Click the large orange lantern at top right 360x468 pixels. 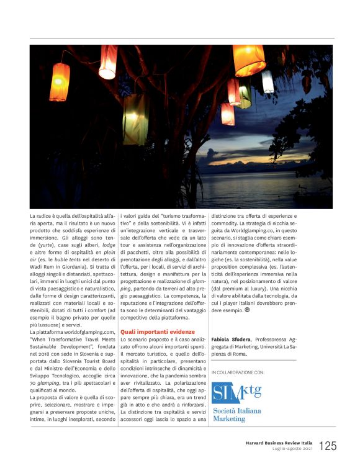249,60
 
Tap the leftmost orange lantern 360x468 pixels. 60,82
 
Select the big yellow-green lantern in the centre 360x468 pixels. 135,118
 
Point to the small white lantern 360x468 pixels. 267,81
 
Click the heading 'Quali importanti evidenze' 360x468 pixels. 158,332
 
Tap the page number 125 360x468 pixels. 328,446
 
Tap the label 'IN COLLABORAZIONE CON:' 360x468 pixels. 238,372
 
